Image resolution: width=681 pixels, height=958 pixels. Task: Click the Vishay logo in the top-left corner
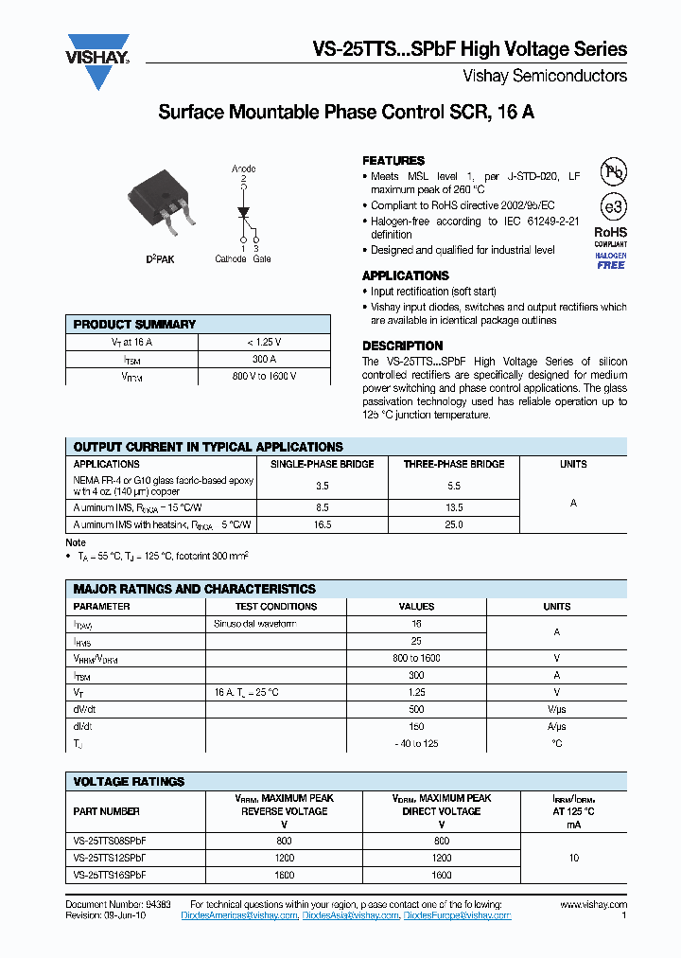coord(97,62)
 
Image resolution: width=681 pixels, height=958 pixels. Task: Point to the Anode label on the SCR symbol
coord(244,169)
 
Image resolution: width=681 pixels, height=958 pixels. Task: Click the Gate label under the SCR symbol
coord(262,258)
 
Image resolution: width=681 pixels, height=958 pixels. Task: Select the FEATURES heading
coord(393,161)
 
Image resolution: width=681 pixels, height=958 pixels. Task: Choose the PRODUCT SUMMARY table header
coord(134,325)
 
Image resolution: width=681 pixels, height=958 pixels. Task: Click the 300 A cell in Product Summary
coord(264,360)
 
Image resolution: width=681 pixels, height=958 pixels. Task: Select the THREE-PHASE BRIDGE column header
coord(453,464)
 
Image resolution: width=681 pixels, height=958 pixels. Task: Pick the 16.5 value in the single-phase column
coord(322,523)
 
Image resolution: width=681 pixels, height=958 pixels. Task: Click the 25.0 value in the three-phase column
coord(453,523)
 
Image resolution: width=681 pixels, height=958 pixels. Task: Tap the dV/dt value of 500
coord(416,709)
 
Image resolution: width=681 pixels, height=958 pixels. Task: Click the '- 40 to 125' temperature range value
coord(416,743)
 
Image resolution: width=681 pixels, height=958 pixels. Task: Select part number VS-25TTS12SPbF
coord(110,859)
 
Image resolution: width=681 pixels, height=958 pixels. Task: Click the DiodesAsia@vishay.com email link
coord(351,915)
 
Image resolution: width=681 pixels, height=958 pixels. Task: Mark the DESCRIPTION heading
coord(402,346)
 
